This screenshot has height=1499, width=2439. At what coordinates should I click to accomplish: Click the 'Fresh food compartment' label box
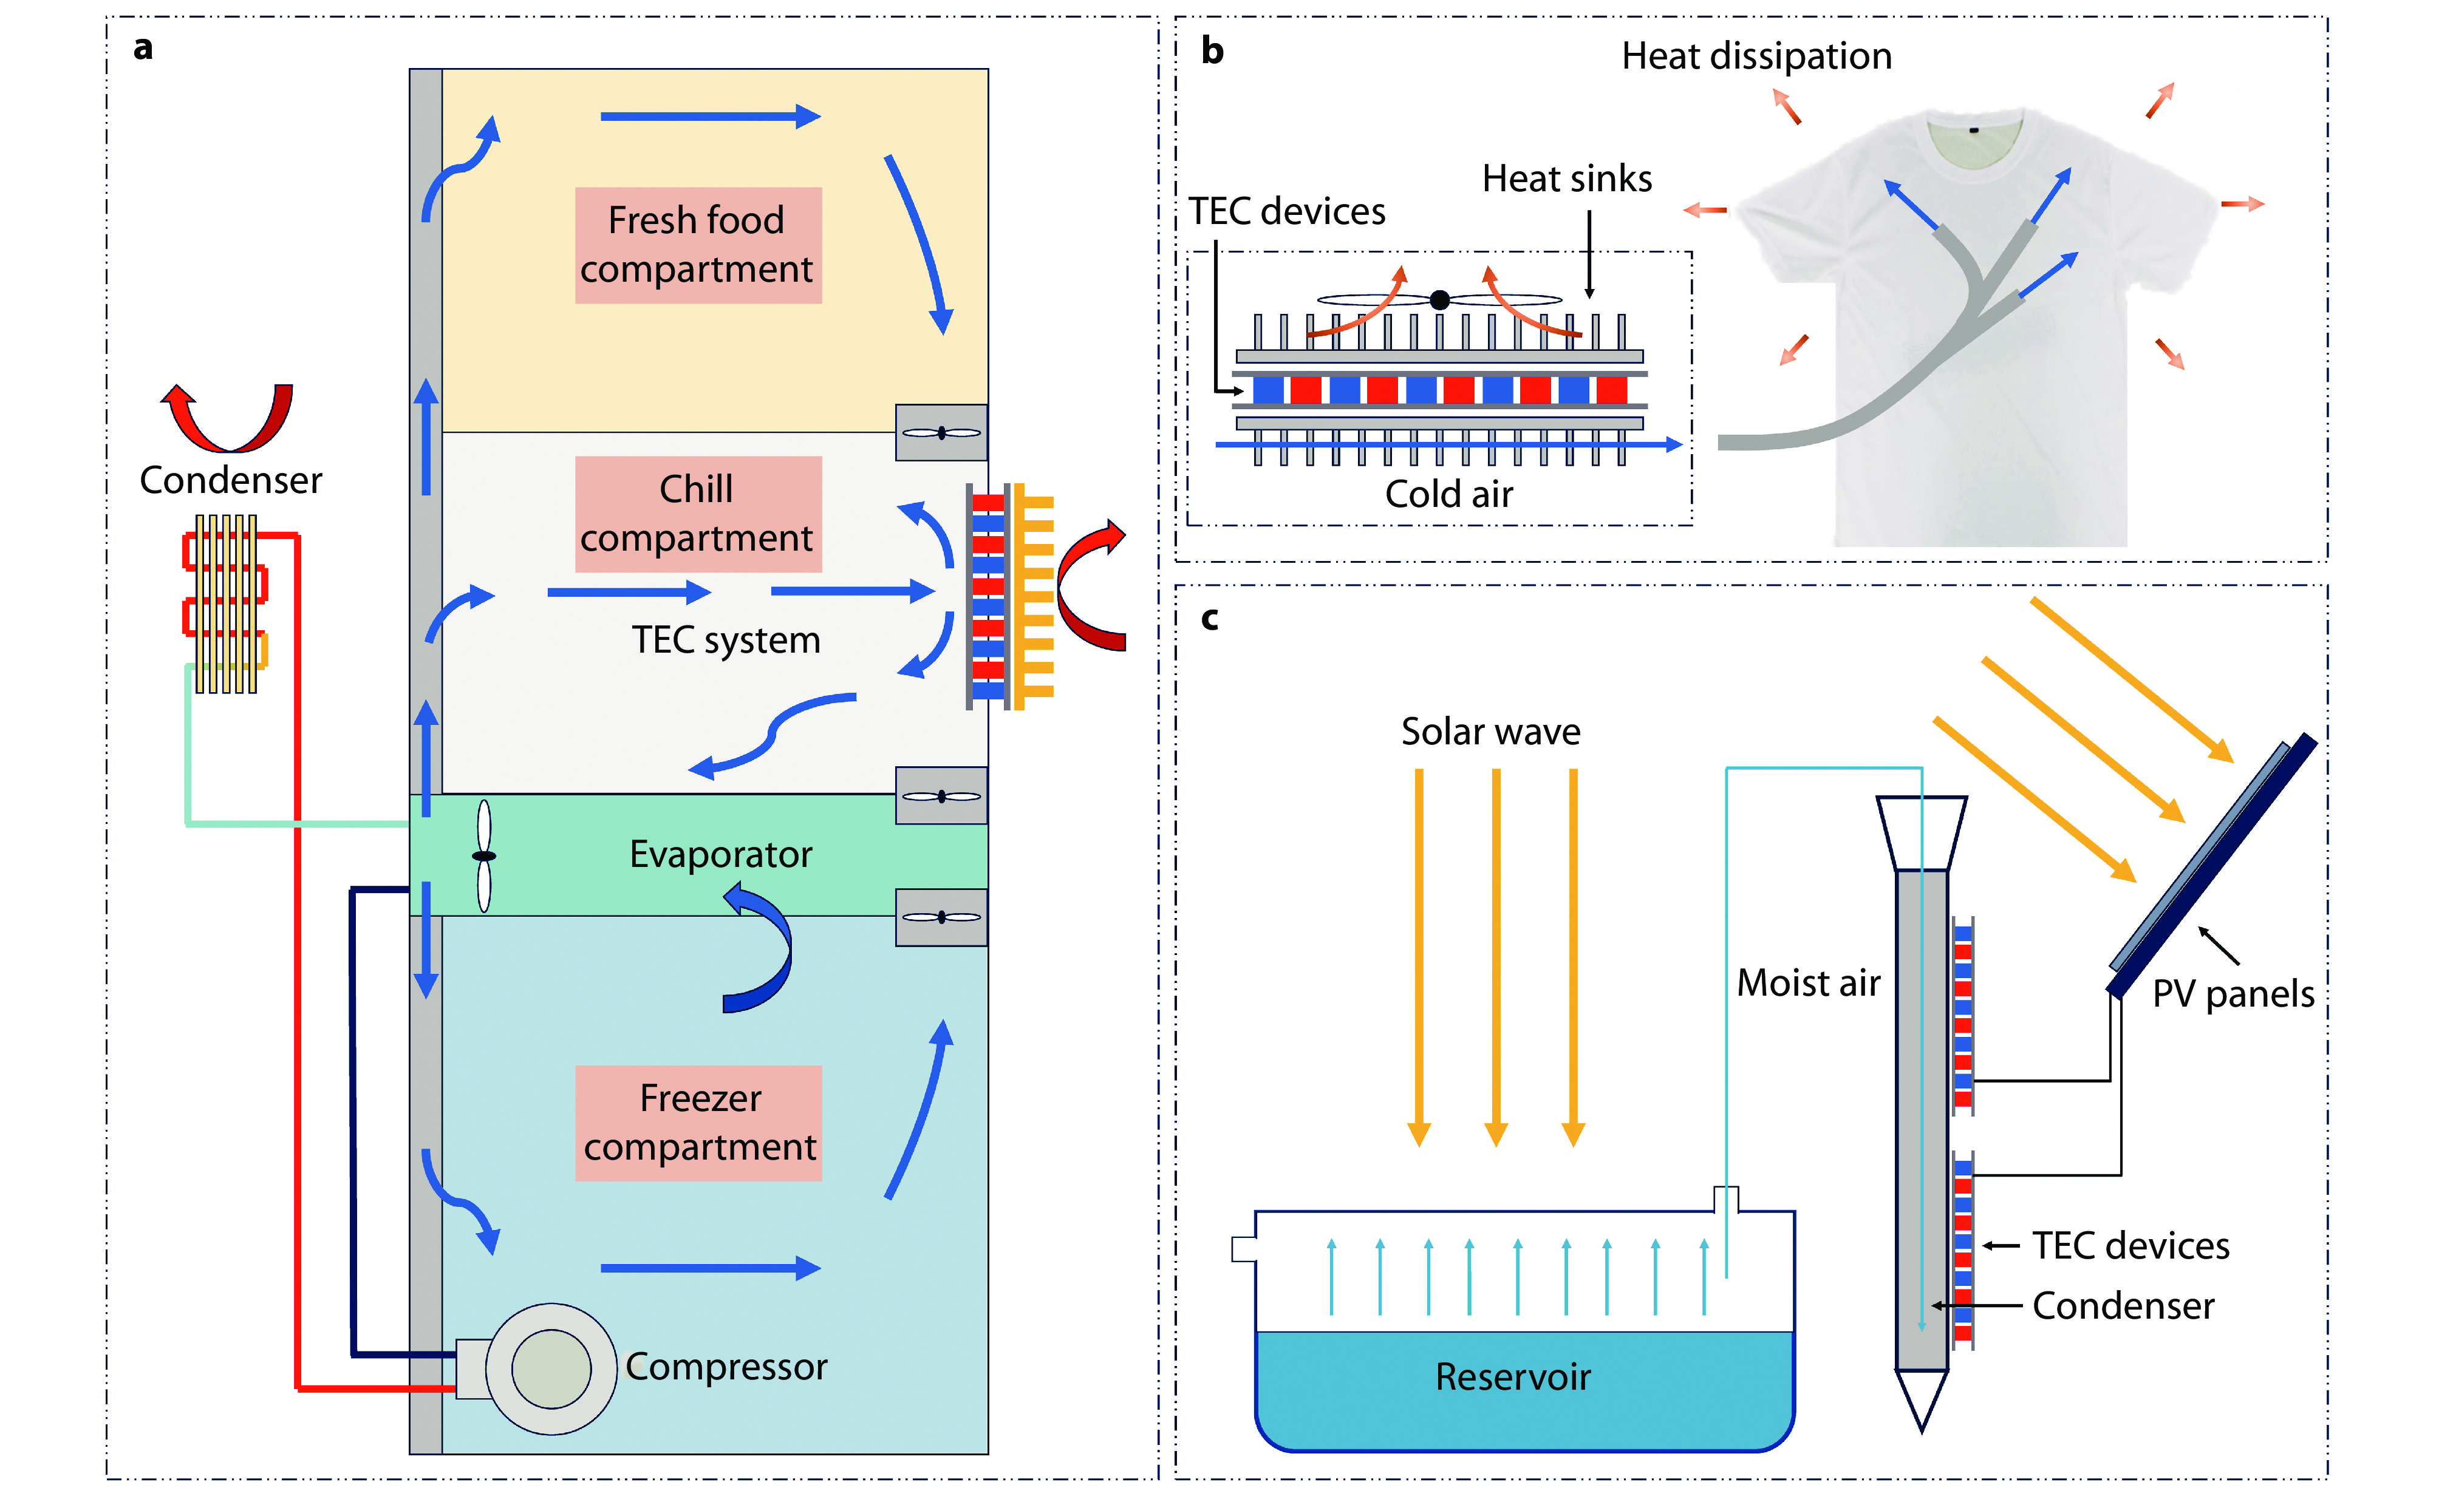click(x=698, y=245)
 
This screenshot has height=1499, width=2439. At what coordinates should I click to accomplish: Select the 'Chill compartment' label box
click(x=698, y=514)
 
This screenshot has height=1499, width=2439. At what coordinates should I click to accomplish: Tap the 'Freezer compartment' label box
click(x=698, y=1122)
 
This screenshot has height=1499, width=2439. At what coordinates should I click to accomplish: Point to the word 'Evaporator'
click(x=721, y=855)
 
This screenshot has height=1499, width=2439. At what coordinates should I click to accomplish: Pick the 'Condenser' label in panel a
click(x=230, y=480)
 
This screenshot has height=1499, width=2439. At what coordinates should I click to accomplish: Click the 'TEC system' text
click(x=726, y=641)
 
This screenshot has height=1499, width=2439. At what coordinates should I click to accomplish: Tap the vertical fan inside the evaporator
click(x=484, y=855)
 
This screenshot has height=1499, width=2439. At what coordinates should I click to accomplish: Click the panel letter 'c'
click(x=1210, y=619)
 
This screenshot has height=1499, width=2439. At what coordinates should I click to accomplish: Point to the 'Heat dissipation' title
click(x=1756, y=56)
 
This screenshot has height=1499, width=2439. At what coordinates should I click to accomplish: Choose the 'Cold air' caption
click(x=1448, y=494)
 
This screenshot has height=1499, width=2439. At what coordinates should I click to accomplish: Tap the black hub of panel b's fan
click(x=1439, y=299)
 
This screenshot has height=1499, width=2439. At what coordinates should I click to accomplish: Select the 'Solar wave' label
click(x=1490, y=732)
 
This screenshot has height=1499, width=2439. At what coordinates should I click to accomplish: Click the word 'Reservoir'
click(x=1513, y=1377)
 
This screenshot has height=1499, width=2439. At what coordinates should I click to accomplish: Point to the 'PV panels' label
click(x=2233, y=993)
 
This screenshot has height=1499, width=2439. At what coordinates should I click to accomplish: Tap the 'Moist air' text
click(x=1809, y=982)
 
